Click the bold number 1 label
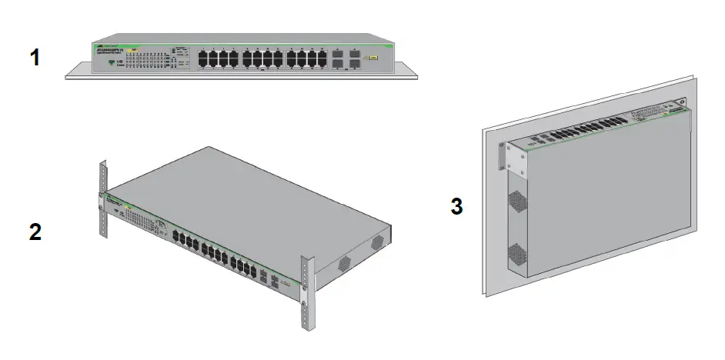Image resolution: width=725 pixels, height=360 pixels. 34,57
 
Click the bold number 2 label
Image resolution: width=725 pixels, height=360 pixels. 35,232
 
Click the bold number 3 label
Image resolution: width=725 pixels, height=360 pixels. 456,206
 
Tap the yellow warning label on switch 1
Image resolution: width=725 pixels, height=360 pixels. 373,58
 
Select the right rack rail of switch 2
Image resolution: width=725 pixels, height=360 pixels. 307,293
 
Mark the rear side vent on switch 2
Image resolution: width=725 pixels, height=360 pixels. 378,242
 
